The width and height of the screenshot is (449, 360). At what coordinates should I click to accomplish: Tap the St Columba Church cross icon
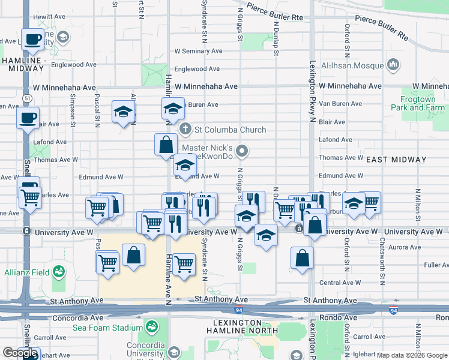(x=186, y=130)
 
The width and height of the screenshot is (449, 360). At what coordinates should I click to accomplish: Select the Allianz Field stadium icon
(x=59, y=272)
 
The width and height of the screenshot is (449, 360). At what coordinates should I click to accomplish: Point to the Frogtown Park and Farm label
(x=423, y=103)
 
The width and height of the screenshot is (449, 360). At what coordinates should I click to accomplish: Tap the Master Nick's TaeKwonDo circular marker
(x=242, y=151)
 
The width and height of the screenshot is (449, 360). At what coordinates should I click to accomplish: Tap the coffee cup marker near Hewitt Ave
(x=33, y=40)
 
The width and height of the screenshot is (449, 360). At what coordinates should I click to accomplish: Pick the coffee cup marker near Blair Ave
(x=27, y=118)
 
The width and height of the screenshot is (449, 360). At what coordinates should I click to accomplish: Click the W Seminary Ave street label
(x=197, y=52)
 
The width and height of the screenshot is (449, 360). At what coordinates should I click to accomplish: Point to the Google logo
(x=20, y=353)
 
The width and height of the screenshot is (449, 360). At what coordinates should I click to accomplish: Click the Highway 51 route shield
(x=28, y=97)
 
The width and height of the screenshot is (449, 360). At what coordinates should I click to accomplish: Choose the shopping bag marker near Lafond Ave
(x=166, y=145)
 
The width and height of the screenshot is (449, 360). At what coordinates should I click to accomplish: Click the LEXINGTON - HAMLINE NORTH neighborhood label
(x=244, y=327)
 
